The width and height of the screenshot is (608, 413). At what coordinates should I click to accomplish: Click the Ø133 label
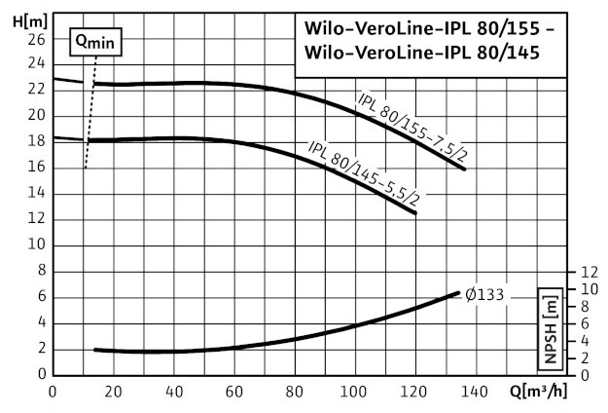point(483,294)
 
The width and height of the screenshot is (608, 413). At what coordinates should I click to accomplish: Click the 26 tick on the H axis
point(37,39)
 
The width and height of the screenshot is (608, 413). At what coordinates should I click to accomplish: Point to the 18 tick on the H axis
point(37,140)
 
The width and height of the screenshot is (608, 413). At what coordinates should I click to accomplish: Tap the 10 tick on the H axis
point(37,244)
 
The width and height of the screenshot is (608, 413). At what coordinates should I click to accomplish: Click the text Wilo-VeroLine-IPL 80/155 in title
point(428,28)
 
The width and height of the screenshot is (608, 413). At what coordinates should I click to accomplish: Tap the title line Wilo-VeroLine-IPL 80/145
point(428,55)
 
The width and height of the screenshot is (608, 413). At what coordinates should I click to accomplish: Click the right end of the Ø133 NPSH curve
point(457,293)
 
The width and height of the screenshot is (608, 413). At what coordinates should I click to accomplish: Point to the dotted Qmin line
point(90,117)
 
